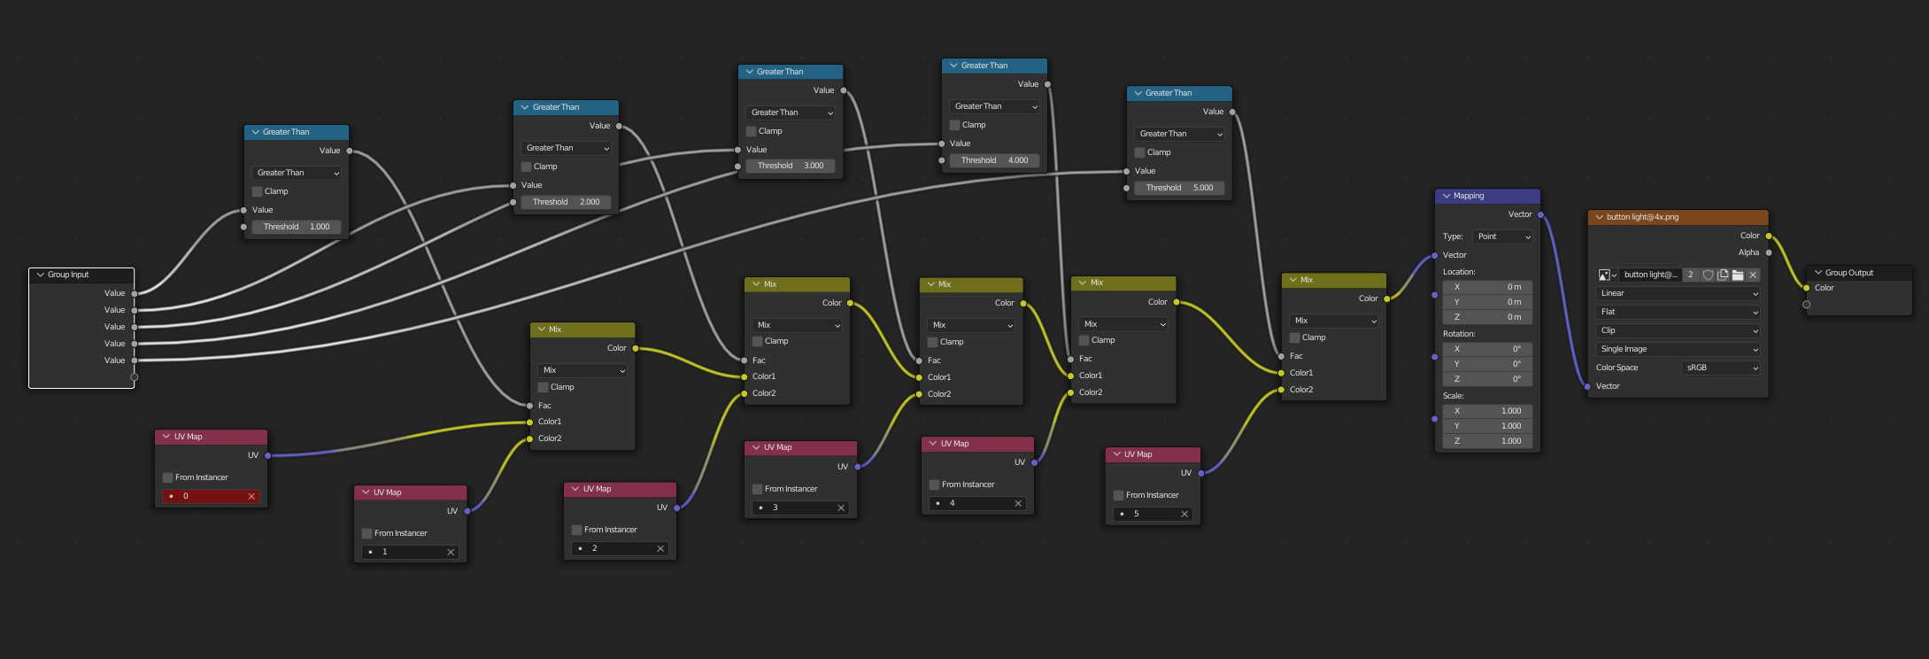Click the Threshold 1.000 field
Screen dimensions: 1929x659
296,227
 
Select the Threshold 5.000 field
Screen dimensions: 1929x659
1178,188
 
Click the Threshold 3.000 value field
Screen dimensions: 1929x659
790,166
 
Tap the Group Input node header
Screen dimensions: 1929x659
81,275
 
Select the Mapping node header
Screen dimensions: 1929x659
1487,196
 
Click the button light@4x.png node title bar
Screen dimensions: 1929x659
1678,217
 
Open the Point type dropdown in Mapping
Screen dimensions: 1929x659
1502,236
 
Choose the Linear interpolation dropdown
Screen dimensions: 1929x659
1678,293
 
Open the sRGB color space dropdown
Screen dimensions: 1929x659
1720,368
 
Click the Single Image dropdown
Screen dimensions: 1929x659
1678,349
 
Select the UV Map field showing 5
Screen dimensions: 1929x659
1151,514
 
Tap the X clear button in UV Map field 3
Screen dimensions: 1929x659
841,508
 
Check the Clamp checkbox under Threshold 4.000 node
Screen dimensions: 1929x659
955,125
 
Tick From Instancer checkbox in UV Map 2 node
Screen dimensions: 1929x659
577,530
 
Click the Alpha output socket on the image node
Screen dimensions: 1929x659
1769,252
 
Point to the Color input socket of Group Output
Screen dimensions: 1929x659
1807,288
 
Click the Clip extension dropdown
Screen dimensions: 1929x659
1678,330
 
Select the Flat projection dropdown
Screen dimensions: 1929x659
1678,312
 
